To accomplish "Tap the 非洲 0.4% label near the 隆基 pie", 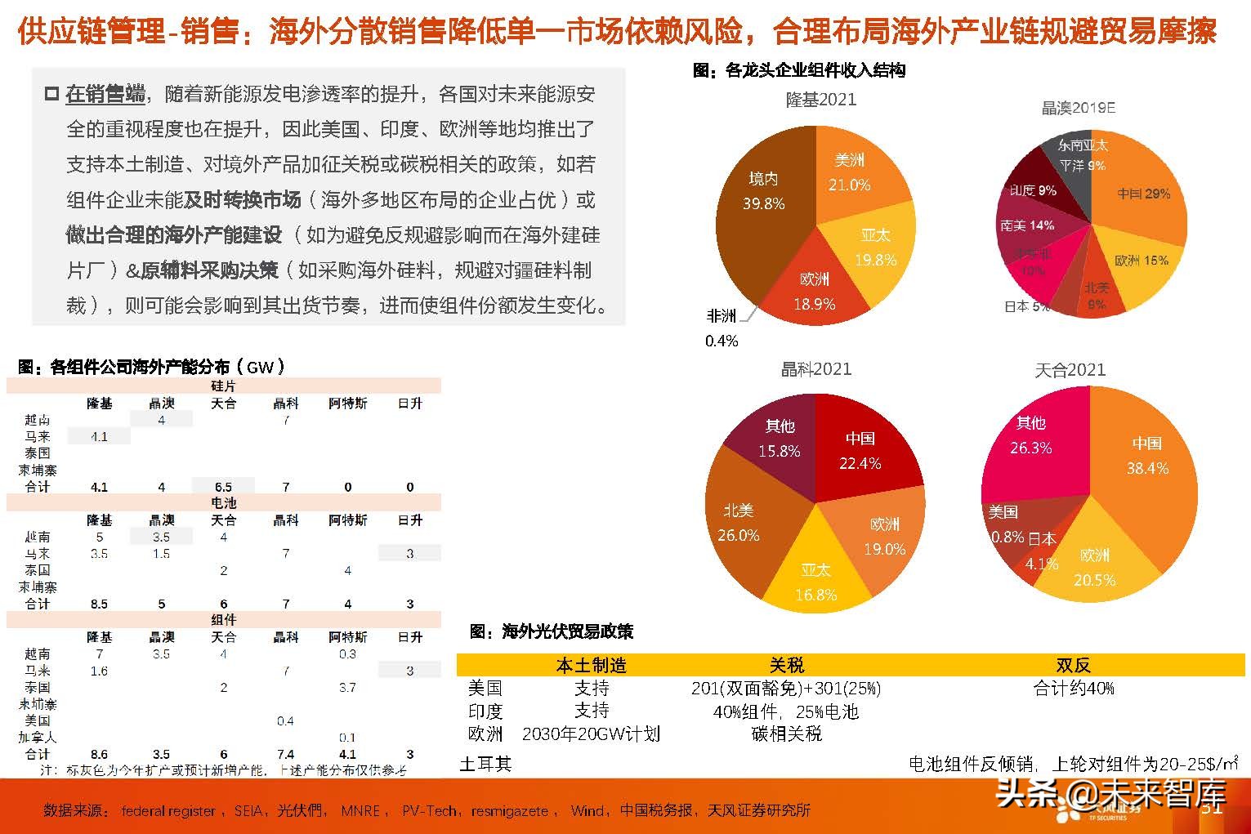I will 722,327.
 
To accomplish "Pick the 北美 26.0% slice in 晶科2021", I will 739,523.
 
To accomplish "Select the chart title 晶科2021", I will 816,368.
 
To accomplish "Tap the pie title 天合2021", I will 1070,370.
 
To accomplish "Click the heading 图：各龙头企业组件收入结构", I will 799,71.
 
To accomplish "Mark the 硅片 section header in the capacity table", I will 223,386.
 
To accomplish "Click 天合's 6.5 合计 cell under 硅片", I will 223,487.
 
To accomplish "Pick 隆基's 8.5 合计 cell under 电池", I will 99,604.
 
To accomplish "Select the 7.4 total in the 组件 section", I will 285,754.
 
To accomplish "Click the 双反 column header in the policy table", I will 1073,665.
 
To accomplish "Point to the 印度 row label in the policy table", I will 485,711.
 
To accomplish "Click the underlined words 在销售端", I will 105,94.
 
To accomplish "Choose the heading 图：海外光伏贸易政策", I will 552,631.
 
